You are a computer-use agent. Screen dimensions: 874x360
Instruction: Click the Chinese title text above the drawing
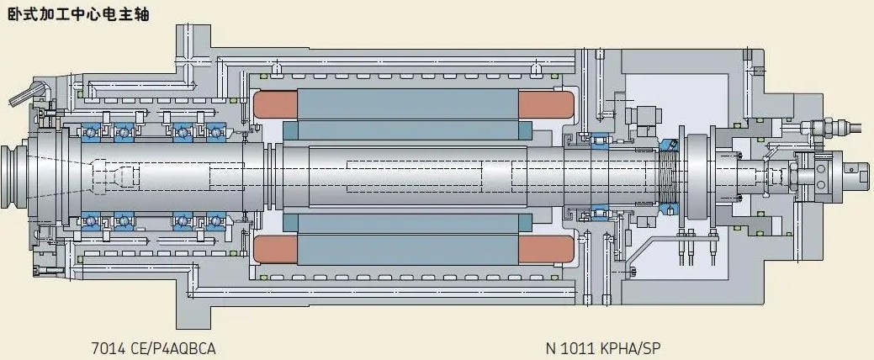78,13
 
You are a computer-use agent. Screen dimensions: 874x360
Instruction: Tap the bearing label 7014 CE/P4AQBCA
153,349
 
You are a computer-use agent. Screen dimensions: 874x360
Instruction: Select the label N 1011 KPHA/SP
604,349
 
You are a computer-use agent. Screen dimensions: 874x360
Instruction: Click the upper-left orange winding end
275,105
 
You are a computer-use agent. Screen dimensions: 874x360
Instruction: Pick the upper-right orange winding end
546,105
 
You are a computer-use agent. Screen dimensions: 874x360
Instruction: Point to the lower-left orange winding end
275,249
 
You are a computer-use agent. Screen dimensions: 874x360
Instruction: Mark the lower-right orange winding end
546,249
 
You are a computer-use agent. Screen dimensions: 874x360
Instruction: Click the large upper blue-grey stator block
408,104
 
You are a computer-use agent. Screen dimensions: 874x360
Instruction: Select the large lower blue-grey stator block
408,250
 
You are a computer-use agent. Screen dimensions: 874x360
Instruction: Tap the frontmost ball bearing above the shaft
92,133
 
